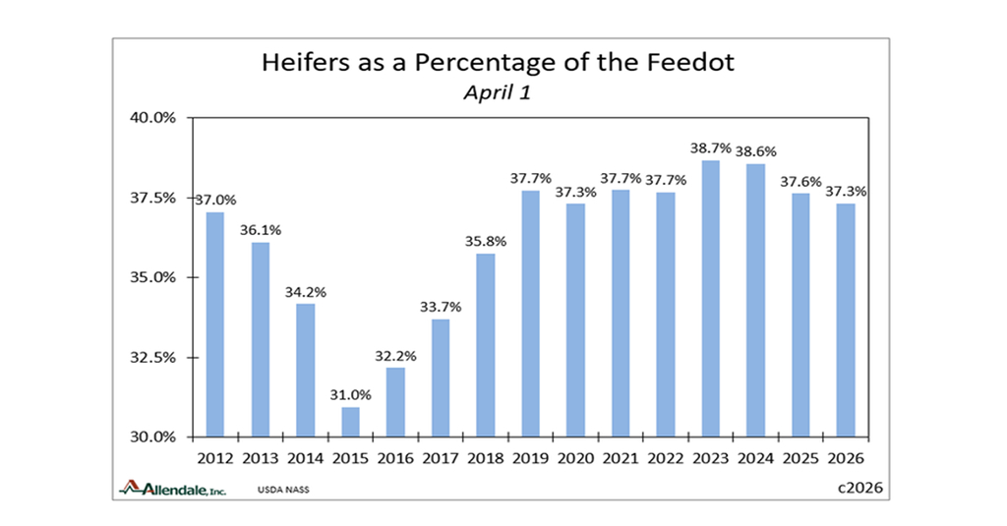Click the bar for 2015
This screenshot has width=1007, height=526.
[x=351, y=422]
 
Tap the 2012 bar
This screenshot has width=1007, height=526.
[x=215, y=324]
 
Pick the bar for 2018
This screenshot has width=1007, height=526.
[x=486, y=344]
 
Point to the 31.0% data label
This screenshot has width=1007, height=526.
[x=351, y=394]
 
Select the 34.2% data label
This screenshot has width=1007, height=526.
[x=306, y=291]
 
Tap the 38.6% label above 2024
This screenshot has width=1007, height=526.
[x=755, y=150]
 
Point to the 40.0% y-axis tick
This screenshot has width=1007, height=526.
[x=152, y=118]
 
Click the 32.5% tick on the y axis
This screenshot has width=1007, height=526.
[x=152, y=357]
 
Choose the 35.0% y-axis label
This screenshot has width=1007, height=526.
[x=152, y=277]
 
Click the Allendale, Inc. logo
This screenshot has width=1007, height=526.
[x=173, y=488]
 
